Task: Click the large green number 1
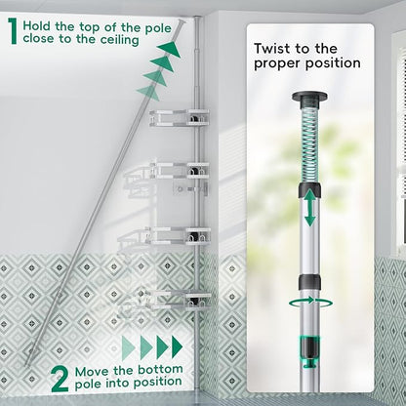click(13, 31)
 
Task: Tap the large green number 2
click(61, 379)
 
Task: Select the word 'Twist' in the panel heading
click(271, 49)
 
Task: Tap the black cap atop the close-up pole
click(309, 97)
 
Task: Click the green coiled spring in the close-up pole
click(309, 143)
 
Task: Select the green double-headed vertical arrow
click(310, 208)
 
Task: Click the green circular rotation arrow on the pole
click(310, 304)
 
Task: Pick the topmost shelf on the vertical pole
click(180, 117)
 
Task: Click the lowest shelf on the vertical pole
click(180, 300)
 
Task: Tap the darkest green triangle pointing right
click(177, 346)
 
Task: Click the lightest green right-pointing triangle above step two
click(128, 348)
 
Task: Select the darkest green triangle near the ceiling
click(170, 49)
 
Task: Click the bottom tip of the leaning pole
click(27, 365)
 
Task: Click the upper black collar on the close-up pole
click(310, 190)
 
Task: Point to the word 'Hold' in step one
click(36, 26)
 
